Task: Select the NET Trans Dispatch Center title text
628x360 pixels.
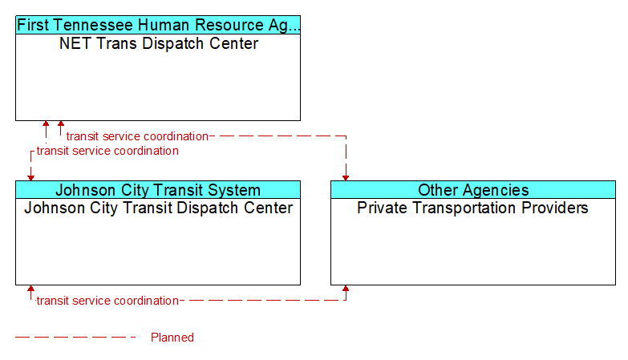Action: pyautogui.click(x=159, y=43)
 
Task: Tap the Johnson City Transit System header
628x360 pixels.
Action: pyautogui.click(x=158, y=190)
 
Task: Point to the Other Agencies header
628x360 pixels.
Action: pyautogui.click(x=473, y=190)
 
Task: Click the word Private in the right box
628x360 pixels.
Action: pyautogui.click(x=379, y=208)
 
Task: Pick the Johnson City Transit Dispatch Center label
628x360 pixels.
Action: pyautogui.click(x=159, y=208)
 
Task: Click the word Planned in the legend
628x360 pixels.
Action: pyautogui.click(x=172, y=338)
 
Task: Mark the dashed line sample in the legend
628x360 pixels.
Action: pyautogui.click(x=75, y=338)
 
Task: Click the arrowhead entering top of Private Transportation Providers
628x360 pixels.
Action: pyautogui.click(x=346, y=178)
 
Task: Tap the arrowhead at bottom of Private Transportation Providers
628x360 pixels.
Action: pyautogui.click(x=346, y=289)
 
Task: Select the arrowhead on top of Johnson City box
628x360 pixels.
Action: pyautogui.click(x=30, y=178)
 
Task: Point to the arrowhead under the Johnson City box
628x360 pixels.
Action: pyautogui.click(x=30, y=289)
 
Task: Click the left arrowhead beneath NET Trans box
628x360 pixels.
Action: pyautogui.click(x=46, y=123)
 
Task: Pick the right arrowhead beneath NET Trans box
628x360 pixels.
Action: pyautogui.click(x=61, y=123)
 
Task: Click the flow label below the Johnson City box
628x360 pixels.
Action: pyautogui.click(x=107, y=301)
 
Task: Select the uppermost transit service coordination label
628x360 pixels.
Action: pyautogui.click(x=137, y=136)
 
